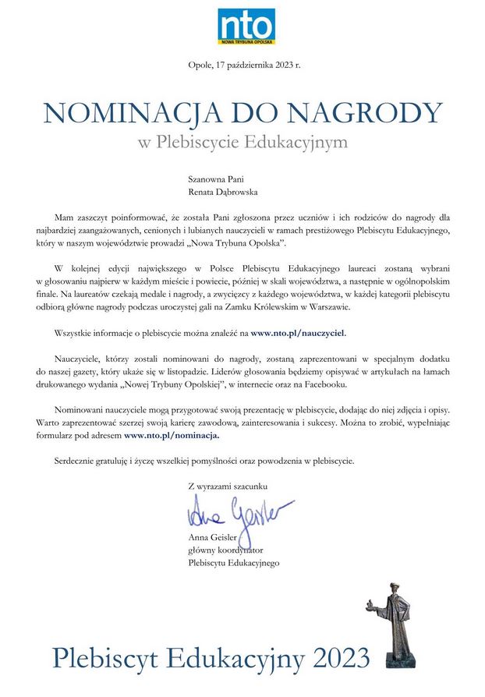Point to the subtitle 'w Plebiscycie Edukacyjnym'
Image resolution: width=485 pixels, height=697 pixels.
coord(242,143)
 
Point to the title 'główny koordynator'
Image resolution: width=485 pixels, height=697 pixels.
coord(227,550)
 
